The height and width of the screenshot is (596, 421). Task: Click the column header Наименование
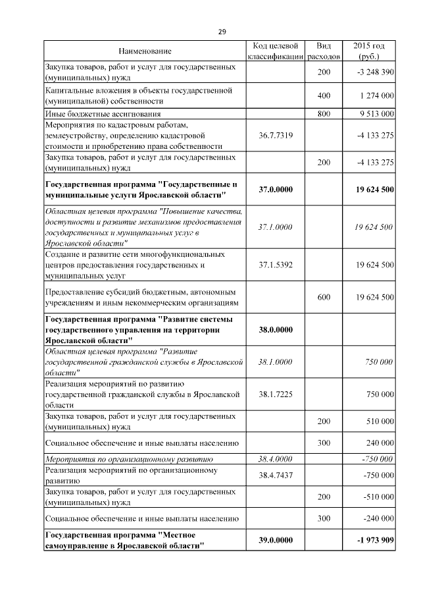[x=145, y=51]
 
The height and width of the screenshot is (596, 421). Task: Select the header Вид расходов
[x=324, y=51]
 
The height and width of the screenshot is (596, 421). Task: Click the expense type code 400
[x=324, y=96]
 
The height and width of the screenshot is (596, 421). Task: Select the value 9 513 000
[x=377, y=114]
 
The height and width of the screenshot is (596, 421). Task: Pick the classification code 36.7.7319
[x=276, y=136]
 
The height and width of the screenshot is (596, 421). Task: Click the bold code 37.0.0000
[x=276, y=190]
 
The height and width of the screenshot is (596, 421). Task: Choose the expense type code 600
[x=324, y=298]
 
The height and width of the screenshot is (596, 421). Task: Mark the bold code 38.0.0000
[x=276, y=330]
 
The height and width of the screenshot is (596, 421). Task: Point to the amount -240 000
[x=378, y=519]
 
